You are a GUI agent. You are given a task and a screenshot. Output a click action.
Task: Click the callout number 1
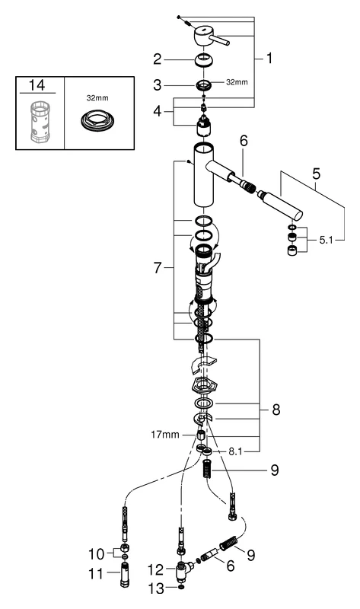269,57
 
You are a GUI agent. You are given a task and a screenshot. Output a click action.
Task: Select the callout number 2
156,58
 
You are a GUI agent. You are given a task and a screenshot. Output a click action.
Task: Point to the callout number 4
156,111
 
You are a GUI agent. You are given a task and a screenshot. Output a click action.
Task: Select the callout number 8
276,410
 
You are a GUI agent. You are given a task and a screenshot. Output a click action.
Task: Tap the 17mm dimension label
166,435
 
